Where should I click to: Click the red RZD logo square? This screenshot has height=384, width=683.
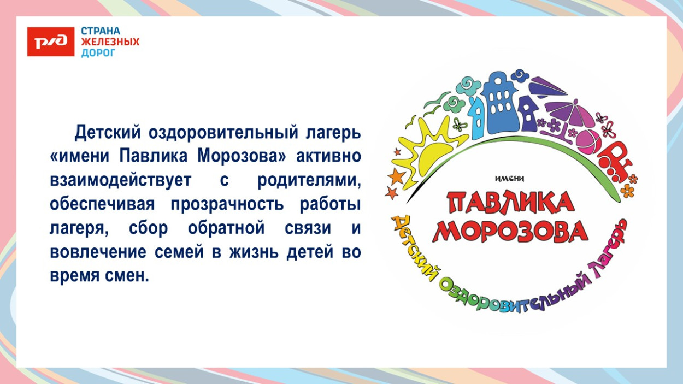(51, 42)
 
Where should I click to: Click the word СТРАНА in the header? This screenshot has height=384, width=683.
(101, 31)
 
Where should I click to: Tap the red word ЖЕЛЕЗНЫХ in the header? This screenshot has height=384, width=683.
(110, 42)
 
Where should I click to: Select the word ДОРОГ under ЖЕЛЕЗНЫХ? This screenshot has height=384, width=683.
(98, 53)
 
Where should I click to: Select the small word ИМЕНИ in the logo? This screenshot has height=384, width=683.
(509, 178)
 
